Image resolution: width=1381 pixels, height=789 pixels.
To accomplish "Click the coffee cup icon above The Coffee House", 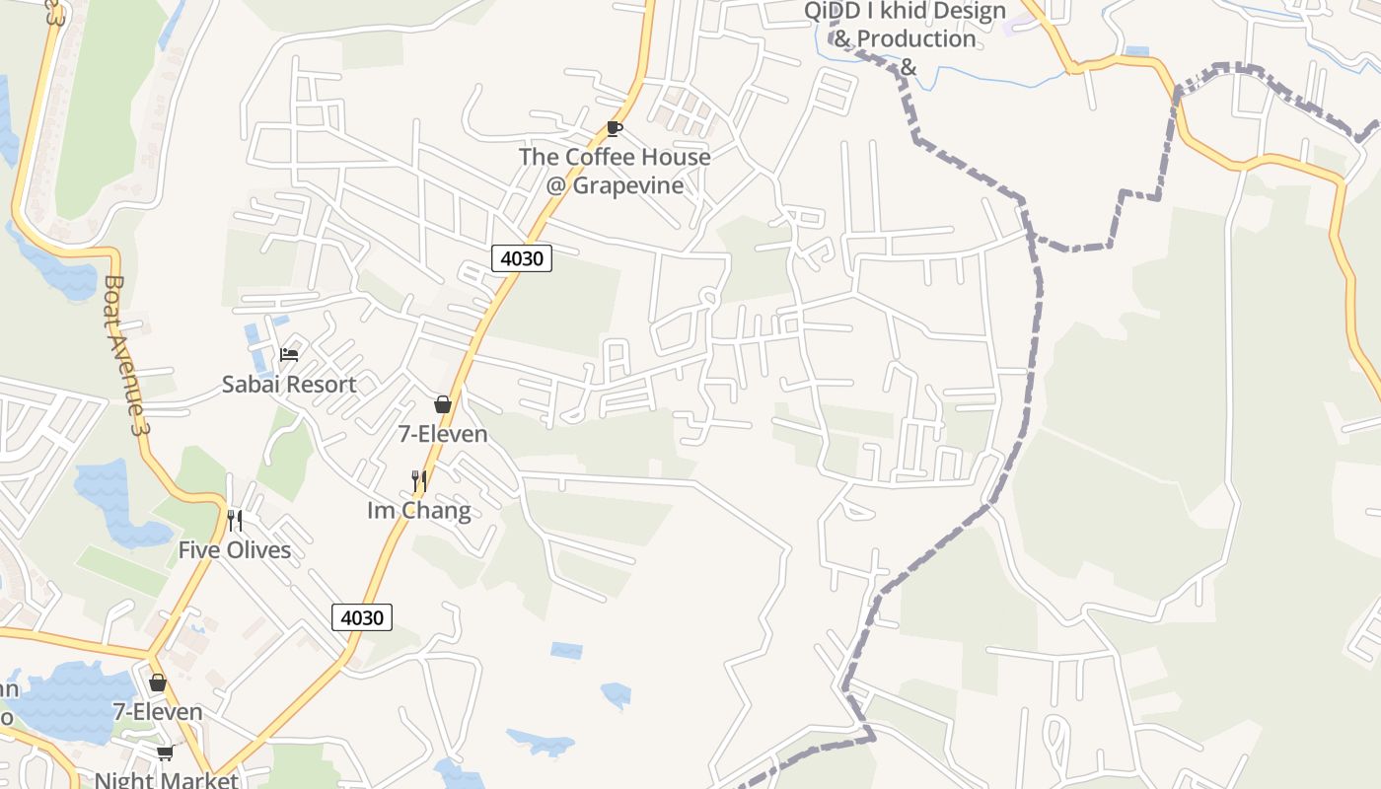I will click(615, 128).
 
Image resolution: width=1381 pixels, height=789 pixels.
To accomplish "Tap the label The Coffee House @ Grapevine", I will click(615, 171).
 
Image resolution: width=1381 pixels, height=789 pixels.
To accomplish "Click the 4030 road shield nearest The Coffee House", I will click(522, 258).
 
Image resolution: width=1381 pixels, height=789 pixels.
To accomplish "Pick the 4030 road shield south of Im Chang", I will click(362, 617).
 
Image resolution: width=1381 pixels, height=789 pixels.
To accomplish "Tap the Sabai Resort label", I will click(289, 385).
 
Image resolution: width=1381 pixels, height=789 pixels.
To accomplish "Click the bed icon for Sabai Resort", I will click(289, 354).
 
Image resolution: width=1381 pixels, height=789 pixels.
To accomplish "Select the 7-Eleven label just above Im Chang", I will click(443, 434).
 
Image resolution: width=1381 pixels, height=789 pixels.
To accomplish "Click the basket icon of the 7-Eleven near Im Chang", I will click(443, 404).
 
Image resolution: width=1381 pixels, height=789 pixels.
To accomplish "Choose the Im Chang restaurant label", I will click(419, 511).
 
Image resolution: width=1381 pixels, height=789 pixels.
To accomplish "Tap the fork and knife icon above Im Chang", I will click(419, 481).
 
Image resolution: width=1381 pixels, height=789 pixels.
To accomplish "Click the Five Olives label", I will click(235, 550).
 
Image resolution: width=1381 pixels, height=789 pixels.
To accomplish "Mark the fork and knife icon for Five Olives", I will click(235, 520).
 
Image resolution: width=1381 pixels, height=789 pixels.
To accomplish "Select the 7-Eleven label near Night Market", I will click(158, 712).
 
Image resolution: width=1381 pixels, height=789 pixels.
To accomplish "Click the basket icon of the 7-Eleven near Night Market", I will click(157, 682).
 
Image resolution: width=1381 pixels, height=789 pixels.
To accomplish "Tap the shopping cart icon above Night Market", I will click(165, 753).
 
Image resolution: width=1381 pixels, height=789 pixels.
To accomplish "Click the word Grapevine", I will click(628, 185).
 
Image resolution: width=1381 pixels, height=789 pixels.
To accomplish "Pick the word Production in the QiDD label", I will click(916, 38).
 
